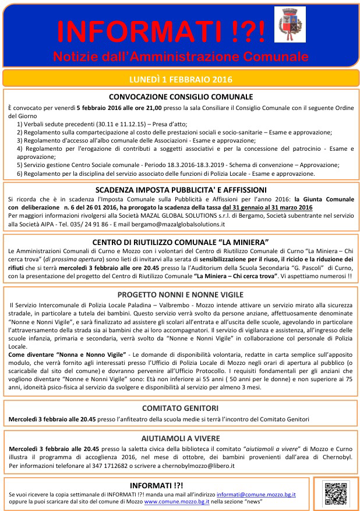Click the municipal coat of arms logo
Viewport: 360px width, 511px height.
[288, 25]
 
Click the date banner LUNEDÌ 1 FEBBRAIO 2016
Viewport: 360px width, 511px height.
[180, 79]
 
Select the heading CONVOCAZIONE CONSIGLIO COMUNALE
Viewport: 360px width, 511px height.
[180, 97]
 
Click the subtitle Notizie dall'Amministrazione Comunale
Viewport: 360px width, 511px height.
[180, 56]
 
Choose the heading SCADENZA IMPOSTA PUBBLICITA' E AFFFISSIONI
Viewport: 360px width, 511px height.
[180, 190]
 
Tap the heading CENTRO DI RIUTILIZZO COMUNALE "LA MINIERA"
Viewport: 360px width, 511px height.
[180, 242]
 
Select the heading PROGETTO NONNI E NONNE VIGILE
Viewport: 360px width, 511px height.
[180, 294]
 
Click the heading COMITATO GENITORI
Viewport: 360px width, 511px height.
[180, 408]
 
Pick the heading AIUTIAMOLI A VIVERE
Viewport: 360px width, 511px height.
[180, 438]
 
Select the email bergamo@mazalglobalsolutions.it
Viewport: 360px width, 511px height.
[182, 223]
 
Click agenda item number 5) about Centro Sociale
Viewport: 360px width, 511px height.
[169, 165]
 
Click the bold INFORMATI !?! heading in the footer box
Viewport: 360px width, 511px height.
[157, 484]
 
